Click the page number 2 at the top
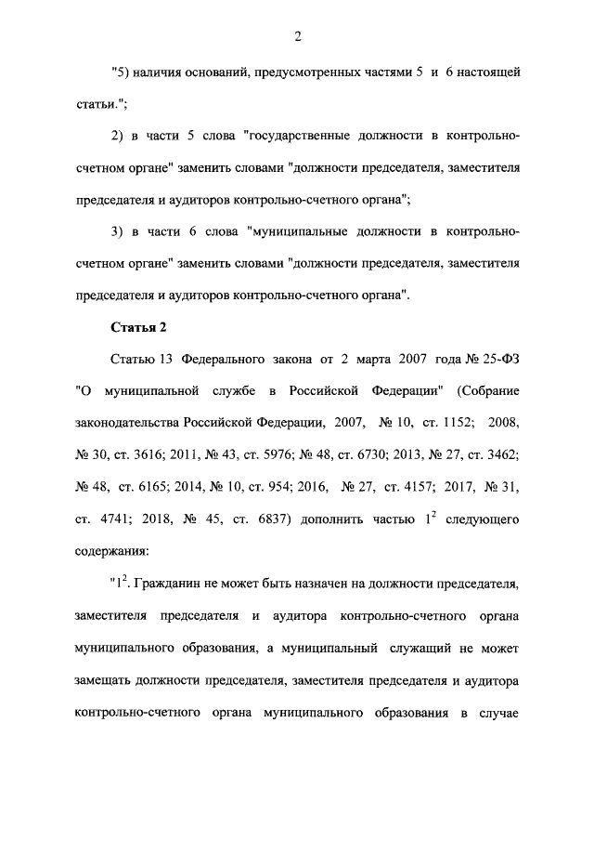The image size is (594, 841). (297, 35)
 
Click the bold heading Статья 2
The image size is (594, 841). (138, 326)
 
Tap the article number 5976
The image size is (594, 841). (291, 454)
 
